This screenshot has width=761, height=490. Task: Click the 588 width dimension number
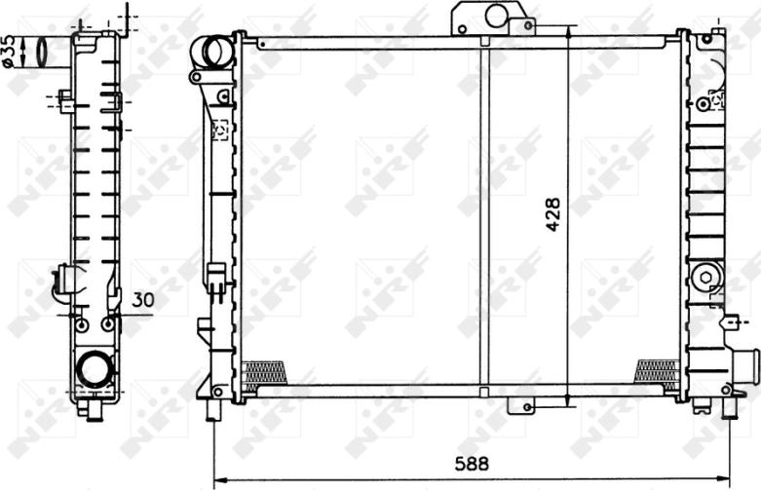point(472,464)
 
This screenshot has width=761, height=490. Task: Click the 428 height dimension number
point(552,214)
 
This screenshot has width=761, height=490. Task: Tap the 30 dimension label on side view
point(143,300)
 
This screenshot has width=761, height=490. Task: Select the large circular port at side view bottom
point(96,369)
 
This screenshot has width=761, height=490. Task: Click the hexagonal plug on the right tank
point(705,278)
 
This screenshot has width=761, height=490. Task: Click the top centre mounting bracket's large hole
point(496,16)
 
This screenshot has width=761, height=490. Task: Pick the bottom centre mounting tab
point(521,405)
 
